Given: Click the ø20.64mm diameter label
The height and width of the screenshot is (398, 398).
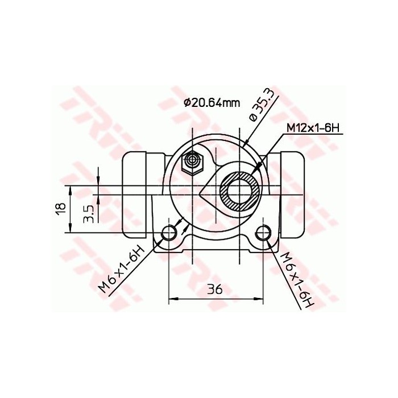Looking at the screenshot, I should tap(212, 102).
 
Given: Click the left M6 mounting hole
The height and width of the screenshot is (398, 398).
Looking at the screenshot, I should tap(169, 233).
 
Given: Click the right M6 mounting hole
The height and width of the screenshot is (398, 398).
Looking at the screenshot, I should tap(263, 233).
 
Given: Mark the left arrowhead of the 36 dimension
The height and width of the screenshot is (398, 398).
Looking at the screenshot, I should tap(173, 297).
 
